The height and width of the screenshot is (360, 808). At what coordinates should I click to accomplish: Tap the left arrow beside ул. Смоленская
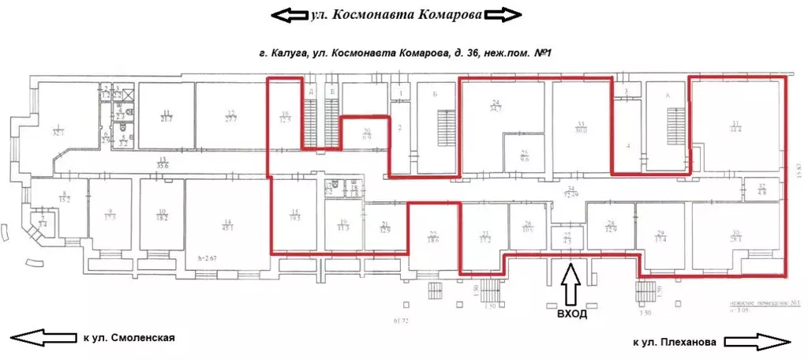[44, 338]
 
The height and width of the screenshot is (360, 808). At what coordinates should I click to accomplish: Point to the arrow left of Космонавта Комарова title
[290, 15]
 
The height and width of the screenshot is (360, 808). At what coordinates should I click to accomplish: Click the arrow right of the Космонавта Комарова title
[502, 15]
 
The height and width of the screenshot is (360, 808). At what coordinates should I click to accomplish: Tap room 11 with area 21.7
[166, 115]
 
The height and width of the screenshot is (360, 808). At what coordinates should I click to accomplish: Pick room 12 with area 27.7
[230, 115]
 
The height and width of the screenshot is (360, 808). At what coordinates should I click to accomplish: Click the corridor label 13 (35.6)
[163, 163]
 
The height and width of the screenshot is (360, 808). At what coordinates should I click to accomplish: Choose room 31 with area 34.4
[736, 126]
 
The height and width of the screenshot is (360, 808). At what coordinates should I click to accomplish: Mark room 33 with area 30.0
[581, 127]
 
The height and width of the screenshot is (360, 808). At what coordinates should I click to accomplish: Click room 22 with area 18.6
[433, 234]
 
